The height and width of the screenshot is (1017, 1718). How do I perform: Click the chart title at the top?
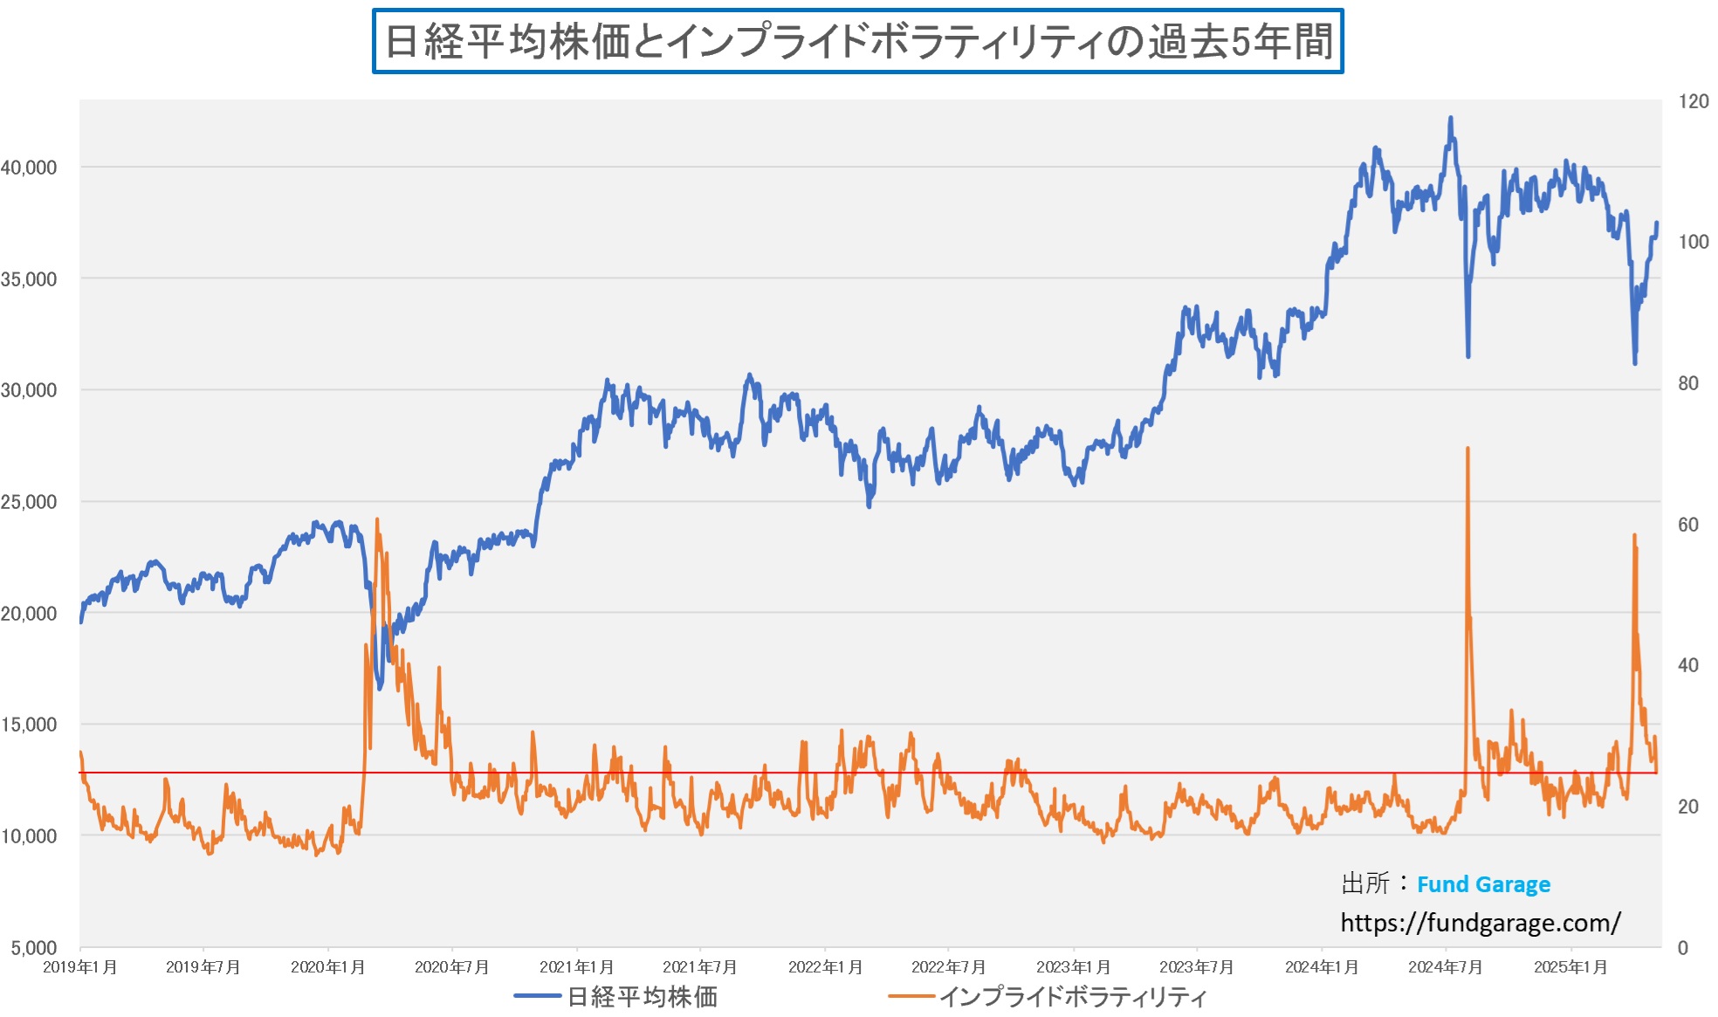857,41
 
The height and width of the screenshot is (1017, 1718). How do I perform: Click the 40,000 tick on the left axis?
29,168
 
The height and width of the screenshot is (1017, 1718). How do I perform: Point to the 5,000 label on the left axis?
34,947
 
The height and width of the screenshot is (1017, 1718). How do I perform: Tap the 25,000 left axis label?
29,502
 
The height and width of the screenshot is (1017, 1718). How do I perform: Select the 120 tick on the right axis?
1693,101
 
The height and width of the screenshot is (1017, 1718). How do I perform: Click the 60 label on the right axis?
1687,525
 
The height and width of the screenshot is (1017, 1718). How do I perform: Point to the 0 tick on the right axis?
1682,947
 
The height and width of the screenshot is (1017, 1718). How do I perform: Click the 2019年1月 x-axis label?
79,967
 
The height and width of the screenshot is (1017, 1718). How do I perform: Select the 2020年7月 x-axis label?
451,967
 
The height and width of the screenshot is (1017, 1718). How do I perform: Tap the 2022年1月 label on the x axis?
825,967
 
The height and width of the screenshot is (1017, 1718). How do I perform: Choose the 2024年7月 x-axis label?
1445,967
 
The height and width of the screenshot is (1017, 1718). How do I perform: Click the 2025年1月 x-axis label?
1570,967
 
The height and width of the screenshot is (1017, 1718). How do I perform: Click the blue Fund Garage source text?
1483,884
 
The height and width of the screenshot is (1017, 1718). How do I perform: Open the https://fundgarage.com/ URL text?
1480,923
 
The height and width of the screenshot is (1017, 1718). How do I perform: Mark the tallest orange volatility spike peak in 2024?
1467,449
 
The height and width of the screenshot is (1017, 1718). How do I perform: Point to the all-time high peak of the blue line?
1451,118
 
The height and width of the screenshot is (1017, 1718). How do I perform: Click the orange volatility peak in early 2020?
377,519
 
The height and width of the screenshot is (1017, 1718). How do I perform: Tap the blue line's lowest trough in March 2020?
380,688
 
